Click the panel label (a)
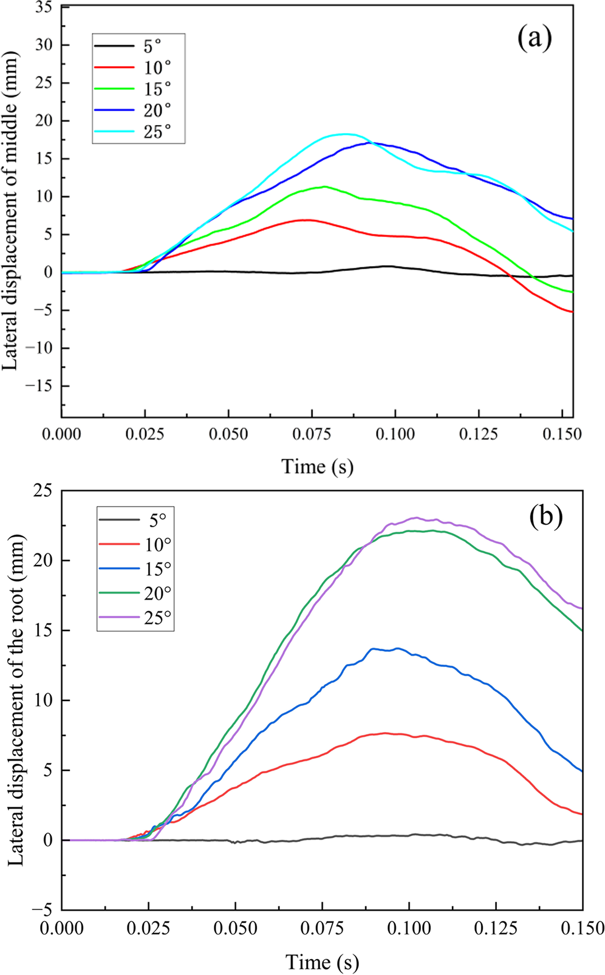tap(535, 38)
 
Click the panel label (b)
tap(545, 515)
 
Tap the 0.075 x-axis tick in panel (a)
tap(312, 434)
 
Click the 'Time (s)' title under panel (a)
tap(317, 467)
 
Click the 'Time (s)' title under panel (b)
tap(322, 962)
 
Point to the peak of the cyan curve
tap(345, 134)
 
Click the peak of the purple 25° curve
tap(415, 518)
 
